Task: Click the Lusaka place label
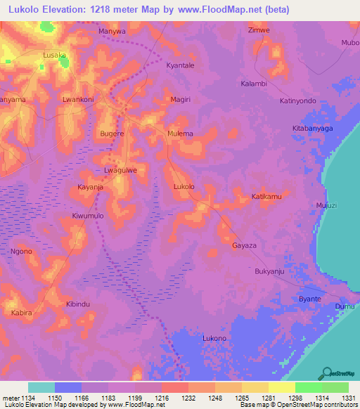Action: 54,55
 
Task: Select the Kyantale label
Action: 179,65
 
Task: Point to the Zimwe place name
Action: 259,30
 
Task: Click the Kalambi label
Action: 254,84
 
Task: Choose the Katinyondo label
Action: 297,100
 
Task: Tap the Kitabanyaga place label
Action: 313,129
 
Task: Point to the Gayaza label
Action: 244,246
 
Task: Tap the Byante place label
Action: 310,299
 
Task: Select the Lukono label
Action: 214,338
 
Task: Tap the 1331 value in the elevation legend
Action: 348,398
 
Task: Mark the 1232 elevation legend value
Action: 188,398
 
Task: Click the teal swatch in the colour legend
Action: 41,387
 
